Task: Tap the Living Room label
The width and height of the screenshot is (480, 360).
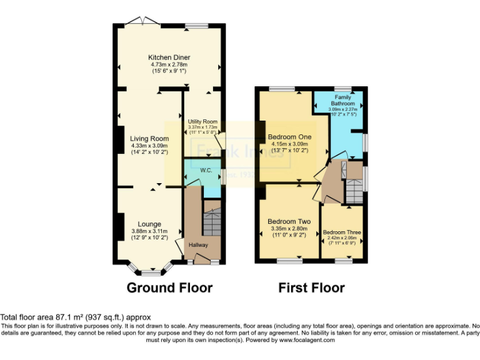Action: pos(149,139)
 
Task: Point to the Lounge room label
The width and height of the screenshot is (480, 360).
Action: pos(150,224)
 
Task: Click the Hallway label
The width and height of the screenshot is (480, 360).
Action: pos(199,244)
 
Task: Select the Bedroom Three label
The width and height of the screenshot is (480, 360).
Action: pos(342,232)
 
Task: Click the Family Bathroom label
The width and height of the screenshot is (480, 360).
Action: pos(342,101)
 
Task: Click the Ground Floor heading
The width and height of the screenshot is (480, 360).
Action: pos(169,288)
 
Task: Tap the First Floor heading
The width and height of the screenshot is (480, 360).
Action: pos(311,288)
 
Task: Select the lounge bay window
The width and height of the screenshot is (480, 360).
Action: pos(149,271)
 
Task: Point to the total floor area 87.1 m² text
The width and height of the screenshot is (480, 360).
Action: pos(76,317)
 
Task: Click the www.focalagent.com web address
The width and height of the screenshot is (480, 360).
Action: pos(307,341)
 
